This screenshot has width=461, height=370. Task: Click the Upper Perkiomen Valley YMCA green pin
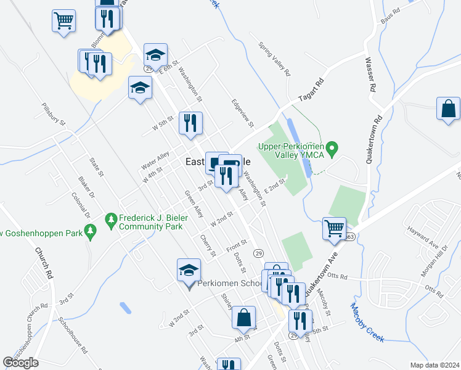332,148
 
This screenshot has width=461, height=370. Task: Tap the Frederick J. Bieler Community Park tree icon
112,220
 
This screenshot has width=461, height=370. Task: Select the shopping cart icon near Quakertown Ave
334,228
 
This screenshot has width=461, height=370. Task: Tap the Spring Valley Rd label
274,59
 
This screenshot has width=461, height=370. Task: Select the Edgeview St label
242,110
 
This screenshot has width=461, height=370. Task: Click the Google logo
20,363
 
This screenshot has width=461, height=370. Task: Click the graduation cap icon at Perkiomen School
189,269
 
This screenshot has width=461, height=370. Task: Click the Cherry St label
207,245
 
